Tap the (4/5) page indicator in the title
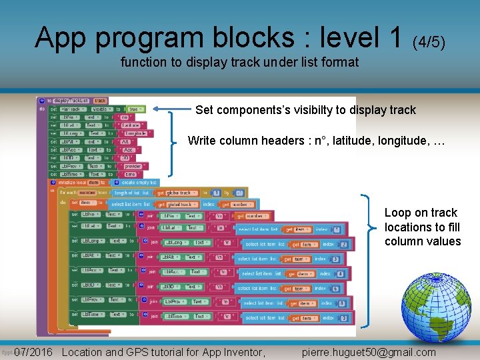point(429,42)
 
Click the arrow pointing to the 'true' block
point(171,109)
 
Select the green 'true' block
point(133,109)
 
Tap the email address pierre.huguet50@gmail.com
point(369,352)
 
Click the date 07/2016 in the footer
point(33,352)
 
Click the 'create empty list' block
point(139,182)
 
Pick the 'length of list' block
point(127,193)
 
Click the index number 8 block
point(341,303)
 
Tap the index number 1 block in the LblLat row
point(337,229)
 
